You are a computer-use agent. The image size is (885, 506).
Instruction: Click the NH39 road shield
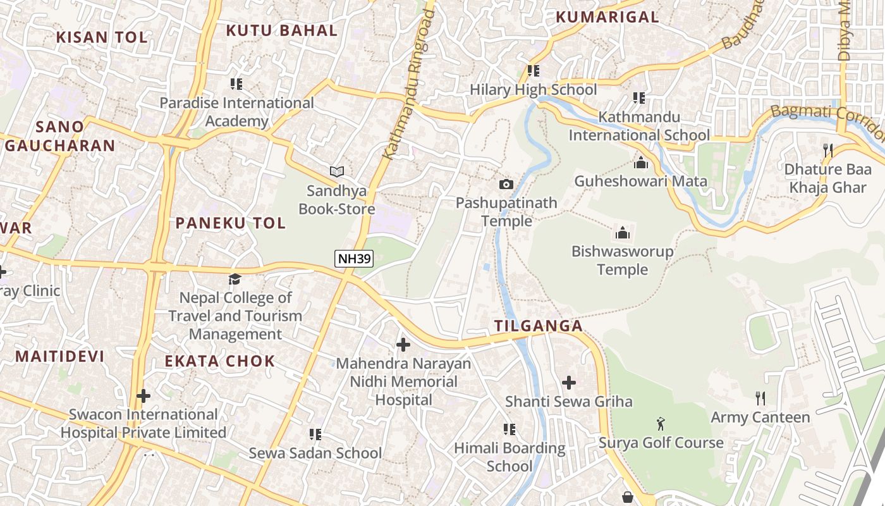coord(354,258)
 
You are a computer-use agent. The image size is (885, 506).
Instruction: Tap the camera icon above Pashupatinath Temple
coord(506,184)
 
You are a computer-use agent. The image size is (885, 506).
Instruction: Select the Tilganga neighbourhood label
coord(538,326)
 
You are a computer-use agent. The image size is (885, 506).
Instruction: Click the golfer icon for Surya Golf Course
coord(661,424)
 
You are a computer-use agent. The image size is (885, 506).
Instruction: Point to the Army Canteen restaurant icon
coord(760,398)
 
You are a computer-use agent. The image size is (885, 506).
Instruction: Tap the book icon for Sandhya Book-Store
coord(337,171)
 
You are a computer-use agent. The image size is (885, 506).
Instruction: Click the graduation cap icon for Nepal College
coord(235,279)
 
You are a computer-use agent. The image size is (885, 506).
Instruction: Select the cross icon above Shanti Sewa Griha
coord(569,383)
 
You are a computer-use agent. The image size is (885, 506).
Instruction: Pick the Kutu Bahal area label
coord(282,30)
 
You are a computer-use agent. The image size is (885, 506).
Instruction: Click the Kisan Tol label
coord(102,37)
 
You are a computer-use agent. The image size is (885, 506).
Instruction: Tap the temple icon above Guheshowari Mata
coord(641,163)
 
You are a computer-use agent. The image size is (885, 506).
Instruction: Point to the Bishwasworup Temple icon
coord(623,233)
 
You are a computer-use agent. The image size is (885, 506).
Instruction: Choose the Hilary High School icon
coord(533,71)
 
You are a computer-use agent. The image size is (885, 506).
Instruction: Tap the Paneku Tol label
coord(230,223)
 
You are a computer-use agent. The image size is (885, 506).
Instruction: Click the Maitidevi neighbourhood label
coord(59,356)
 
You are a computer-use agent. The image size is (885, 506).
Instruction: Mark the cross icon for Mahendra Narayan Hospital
coord(403,345)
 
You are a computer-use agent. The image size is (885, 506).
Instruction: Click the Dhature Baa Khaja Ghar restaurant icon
coord(827,151)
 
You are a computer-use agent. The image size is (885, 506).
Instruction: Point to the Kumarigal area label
coord(607,17)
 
